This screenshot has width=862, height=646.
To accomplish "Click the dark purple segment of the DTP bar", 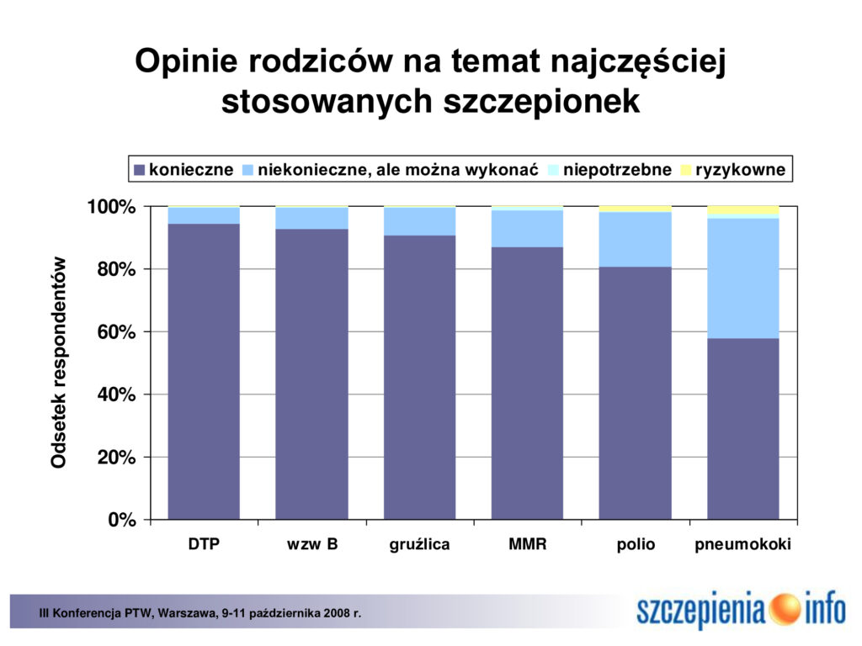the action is pos(204,371).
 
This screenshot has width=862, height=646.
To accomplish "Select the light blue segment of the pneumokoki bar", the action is pos(742,278).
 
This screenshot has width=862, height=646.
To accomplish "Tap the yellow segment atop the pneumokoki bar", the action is pos(742,209).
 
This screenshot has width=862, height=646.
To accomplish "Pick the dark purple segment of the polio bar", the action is pos(635,394).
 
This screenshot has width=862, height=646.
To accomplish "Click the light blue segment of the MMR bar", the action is pos(527,229).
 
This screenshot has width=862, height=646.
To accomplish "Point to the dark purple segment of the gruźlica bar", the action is pos(419,378).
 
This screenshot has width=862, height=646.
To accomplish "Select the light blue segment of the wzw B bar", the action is pos(311,218).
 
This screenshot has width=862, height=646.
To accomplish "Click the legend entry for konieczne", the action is pos(184,169).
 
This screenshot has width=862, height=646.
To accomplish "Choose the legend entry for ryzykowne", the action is pos(733,169).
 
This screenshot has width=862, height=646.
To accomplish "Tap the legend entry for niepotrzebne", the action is pos(609,169).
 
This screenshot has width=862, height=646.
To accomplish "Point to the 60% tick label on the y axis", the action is pos(116,331).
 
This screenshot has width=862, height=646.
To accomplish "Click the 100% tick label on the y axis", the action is pos(112,207).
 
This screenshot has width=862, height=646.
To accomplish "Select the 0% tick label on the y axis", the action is pos(122,520).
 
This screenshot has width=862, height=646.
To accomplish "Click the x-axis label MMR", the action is pos(528,544).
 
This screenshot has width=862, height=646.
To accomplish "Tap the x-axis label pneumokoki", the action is pos(742,544).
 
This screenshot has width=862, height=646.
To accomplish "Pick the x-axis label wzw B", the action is pos(311,544).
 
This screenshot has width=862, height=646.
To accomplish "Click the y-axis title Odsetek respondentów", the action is pos(58,363).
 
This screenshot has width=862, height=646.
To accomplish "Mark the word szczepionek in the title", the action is pos(541,102).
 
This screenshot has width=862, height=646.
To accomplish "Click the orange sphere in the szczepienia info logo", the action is pos(785,609).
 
